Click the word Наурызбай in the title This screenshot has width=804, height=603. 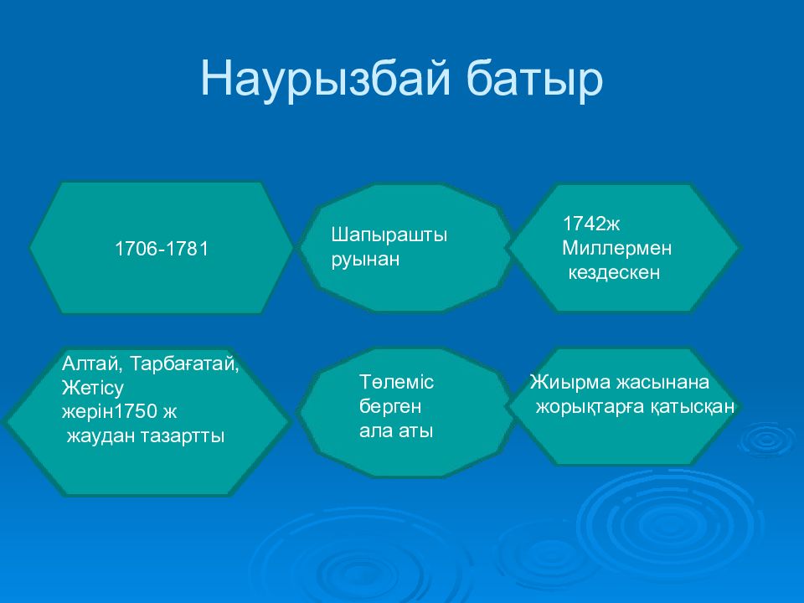tap(326, 80)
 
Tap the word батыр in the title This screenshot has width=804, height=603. tap(534, 80)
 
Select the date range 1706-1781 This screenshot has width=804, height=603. tap(162, 250)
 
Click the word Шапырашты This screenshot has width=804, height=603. tap(389, 234)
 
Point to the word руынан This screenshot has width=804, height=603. tap(365, 260)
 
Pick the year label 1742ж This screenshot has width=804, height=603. tap(591, 224)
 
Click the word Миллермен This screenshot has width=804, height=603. tap(617, 248)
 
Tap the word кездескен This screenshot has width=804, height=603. tap(614, 272)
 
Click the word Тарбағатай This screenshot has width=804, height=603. tap(184, 364)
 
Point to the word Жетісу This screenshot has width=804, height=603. tap(93, 388)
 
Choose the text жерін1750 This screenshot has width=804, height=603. tap(109, 412)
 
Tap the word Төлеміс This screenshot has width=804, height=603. tap(396, 382)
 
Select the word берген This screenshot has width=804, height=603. tap(390, 407)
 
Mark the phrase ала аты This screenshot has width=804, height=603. tap(396, 430)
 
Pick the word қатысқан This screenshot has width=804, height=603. tap(693, 407)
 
